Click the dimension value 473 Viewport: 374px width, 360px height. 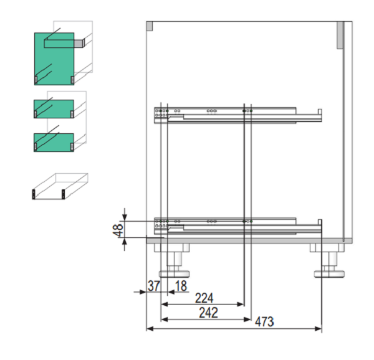tap(264, 321)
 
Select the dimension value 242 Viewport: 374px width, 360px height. tap(208, 313)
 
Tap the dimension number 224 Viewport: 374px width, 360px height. tap(204, 298)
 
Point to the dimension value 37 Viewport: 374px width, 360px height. tap(153, 286)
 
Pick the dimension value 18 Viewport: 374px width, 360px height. tap(181, 286)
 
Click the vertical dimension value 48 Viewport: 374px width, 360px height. tap(118, 230)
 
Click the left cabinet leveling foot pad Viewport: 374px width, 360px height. tap(174, 274)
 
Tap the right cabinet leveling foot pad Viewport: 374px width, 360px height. tap(329, 274)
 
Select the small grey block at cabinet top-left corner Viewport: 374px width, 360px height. tap(150, 26)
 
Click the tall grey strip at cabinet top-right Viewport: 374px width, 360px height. tap(340, 36)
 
